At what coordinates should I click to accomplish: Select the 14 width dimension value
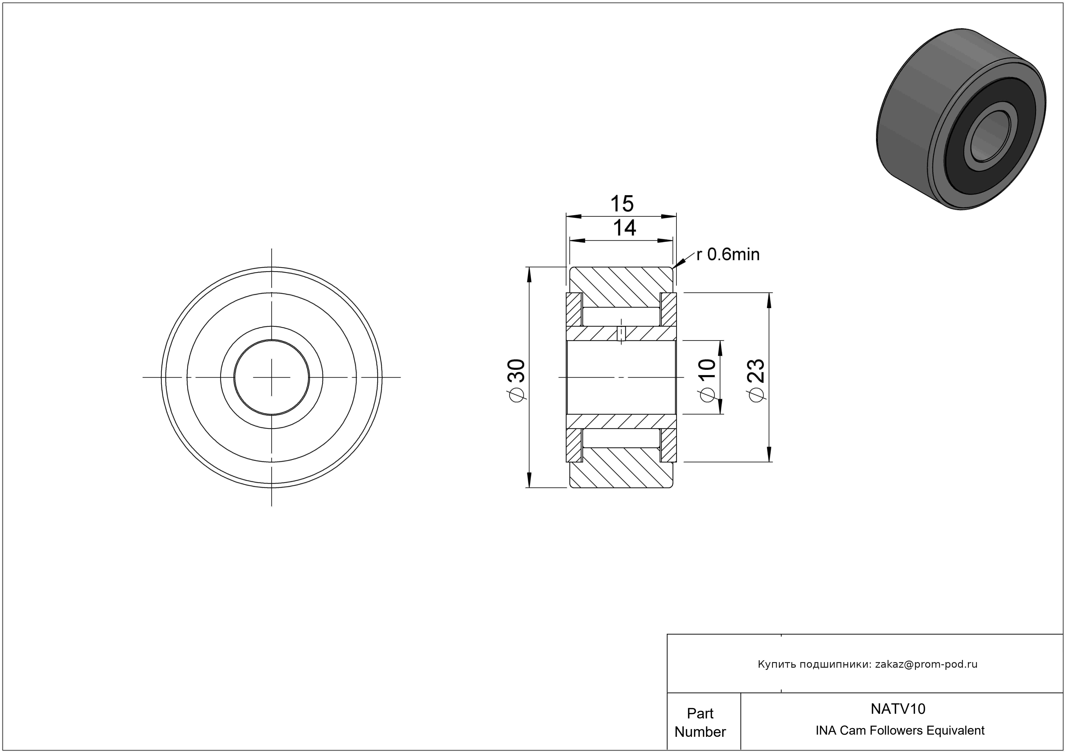[x=624, y=228]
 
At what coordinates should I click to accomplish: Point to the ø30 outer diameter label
[x=517, y=379]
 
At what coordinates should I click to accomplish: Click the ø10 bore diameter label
[x=707, y=380]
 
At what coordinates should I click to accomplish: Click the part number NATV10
[x=898, y=709]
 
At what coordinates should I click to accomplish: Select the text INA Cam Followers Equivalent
[x=900, y=730]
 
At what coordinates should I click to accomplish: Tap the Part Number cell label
[x=700, y=722]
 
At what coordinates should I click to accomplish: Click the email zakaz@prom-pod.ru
[x=926, y=664]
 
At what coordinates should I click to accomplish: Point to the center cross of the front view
[x=272, y=377]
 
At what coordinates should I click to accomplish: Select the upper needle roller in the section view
[x=621, y=316]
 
